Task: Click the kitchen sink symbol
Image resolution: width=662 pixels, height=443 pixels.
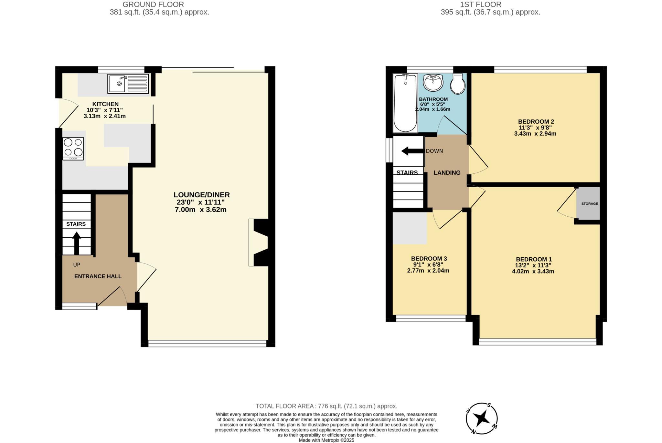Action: click(x=128, y=84)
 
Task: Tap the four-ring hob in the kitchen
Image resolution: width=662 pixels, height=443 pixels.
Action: click(x=73, y=149)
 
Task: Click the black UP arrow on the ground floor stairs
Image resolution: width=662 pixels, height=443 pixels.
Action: click(x=77, y=243)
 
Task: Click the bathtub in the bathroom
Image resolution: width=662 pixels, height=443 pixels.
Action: click(x=405, y=103)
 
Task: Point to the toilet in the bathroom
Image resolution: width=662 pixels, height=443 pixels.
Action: click(x=458, y=84)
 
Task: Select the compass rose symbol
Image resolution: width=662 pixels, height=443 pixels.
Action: click(x=482, y=419)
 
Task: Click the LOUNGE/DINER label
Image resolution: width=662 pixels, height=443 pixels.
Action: click(x=202, y=195)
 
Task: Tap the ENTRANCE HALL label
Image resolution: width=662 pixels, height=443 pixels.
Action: click(x=98, y=276)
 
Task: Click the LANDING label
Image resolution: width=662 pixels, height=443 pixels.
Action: click(x=447, y=173)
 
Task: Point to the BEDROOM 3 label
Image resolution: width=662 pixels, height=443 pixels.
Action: click(x=429, y=259)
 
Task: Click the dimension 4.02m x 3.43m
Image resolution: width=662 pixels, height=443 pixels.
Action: click(x=533, y=272)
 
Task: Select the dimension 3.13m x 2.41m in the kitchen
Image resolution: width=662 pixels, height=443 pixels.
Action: click(x=104, y=116)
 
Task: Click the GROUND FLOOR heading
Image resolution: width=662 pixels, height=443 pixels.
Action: click(x=153, y=5)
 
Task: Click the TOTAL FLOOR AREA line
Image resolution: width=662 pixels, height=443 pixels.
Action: click(x=326, y=406)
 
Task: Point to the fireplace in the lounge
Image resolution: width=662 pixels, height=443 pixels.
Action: click(x=261, y=242)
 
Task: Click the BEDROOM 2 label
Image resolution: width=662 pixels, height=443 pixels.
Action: click(x=536, y=122)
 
